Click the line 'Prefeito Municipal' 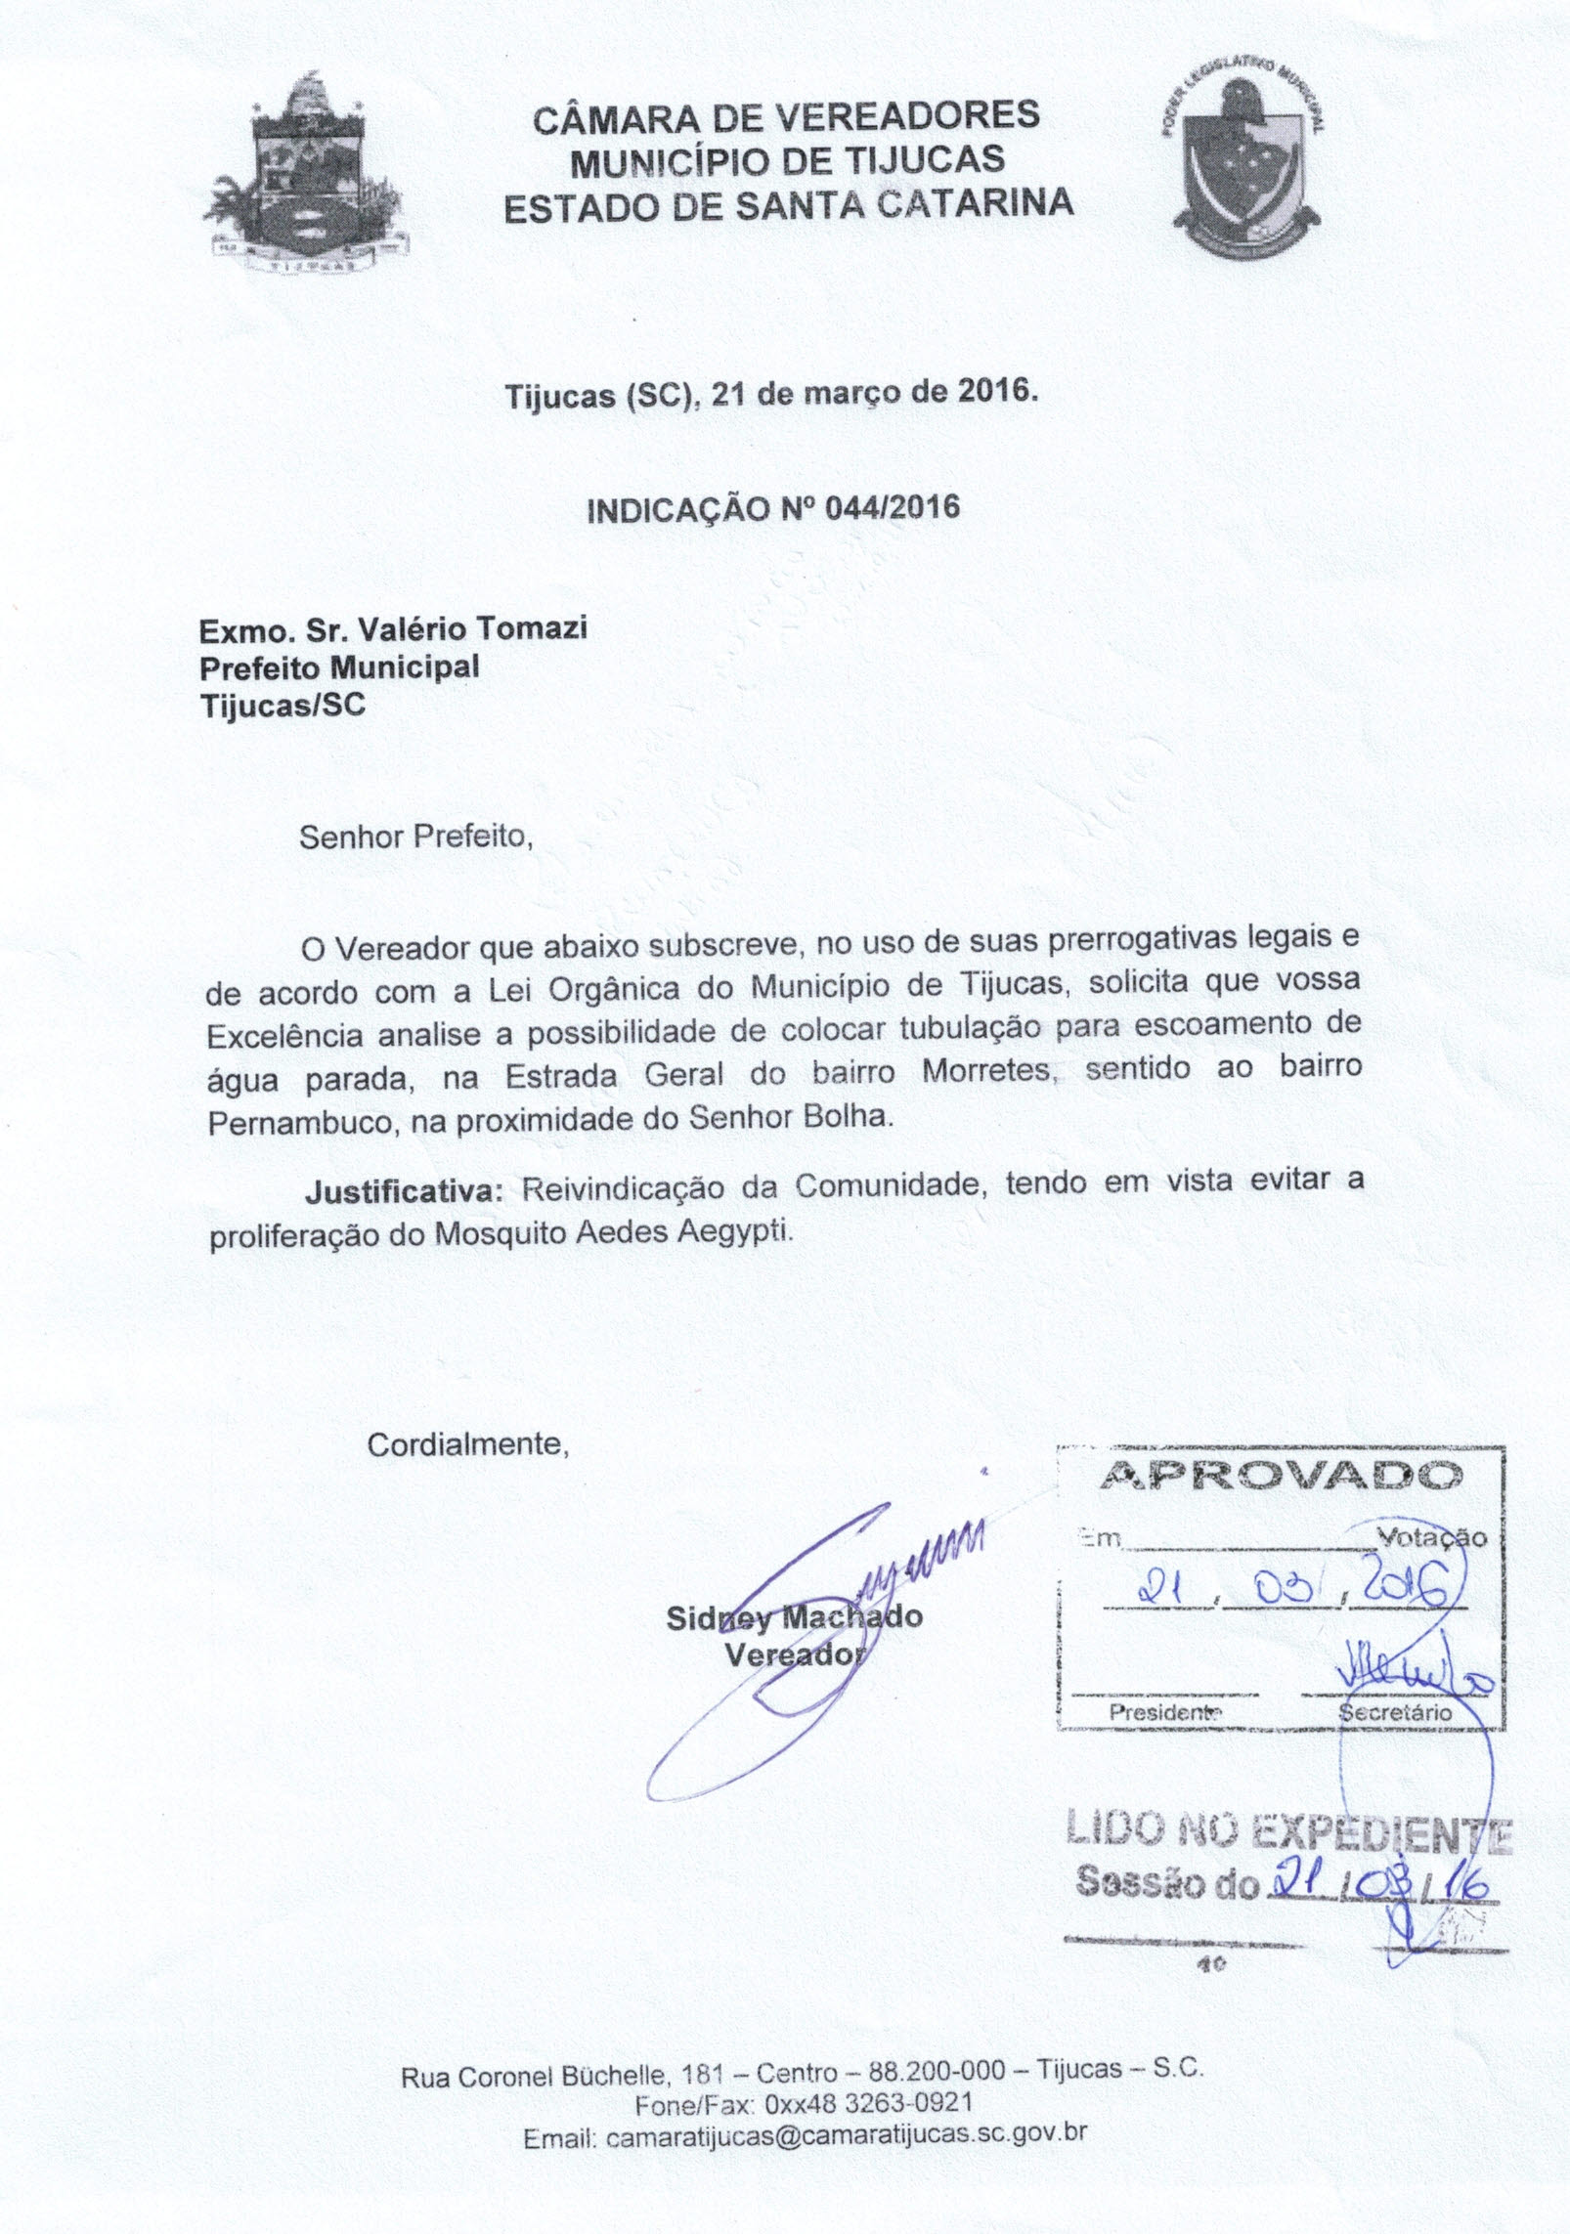[x=339, y=667]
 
